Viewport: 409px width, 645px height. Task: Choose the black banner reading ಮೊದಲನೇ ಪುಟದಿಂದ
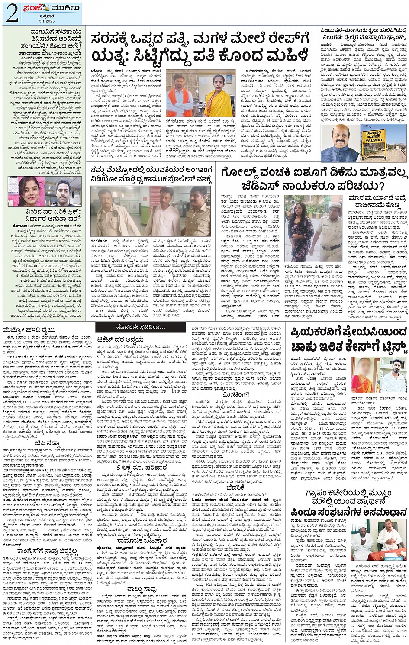pos(141,327)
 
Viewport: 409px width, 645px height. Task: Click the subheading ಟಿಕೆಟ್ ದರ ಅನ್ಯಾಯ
pos(120,339)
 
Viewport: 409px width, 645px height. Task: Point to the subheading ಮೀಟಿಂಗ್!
pos(236,394)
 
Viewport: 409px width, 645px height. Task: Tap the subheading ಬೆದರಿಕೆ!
pos(236,487)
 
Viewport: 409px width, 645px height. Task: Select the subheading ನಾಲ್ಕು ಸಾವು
pos(142,589)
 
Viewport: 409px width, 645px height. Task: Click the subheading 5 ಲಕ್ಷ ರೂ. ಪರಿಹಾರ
pos(141,468)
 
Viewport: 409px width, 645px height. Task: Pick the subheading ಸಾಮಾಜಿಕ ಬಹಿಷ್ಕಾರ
pos(141,540)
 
